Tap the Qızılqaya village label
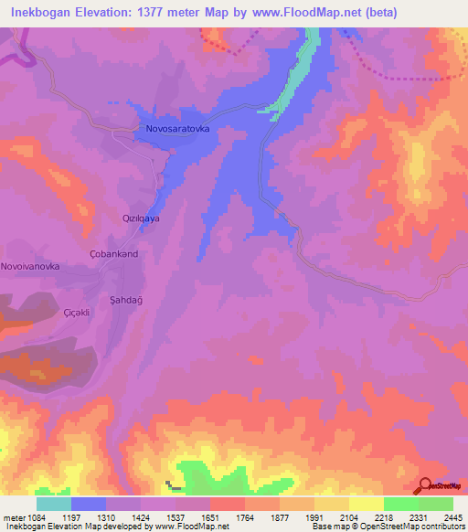142,219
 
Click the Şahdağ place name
123,300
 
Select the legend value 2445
452,516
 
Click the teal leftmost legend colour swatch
54,503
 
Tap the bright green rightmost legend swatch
436,503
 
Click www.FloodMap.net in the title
344,13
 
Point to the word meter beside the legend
14,516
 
